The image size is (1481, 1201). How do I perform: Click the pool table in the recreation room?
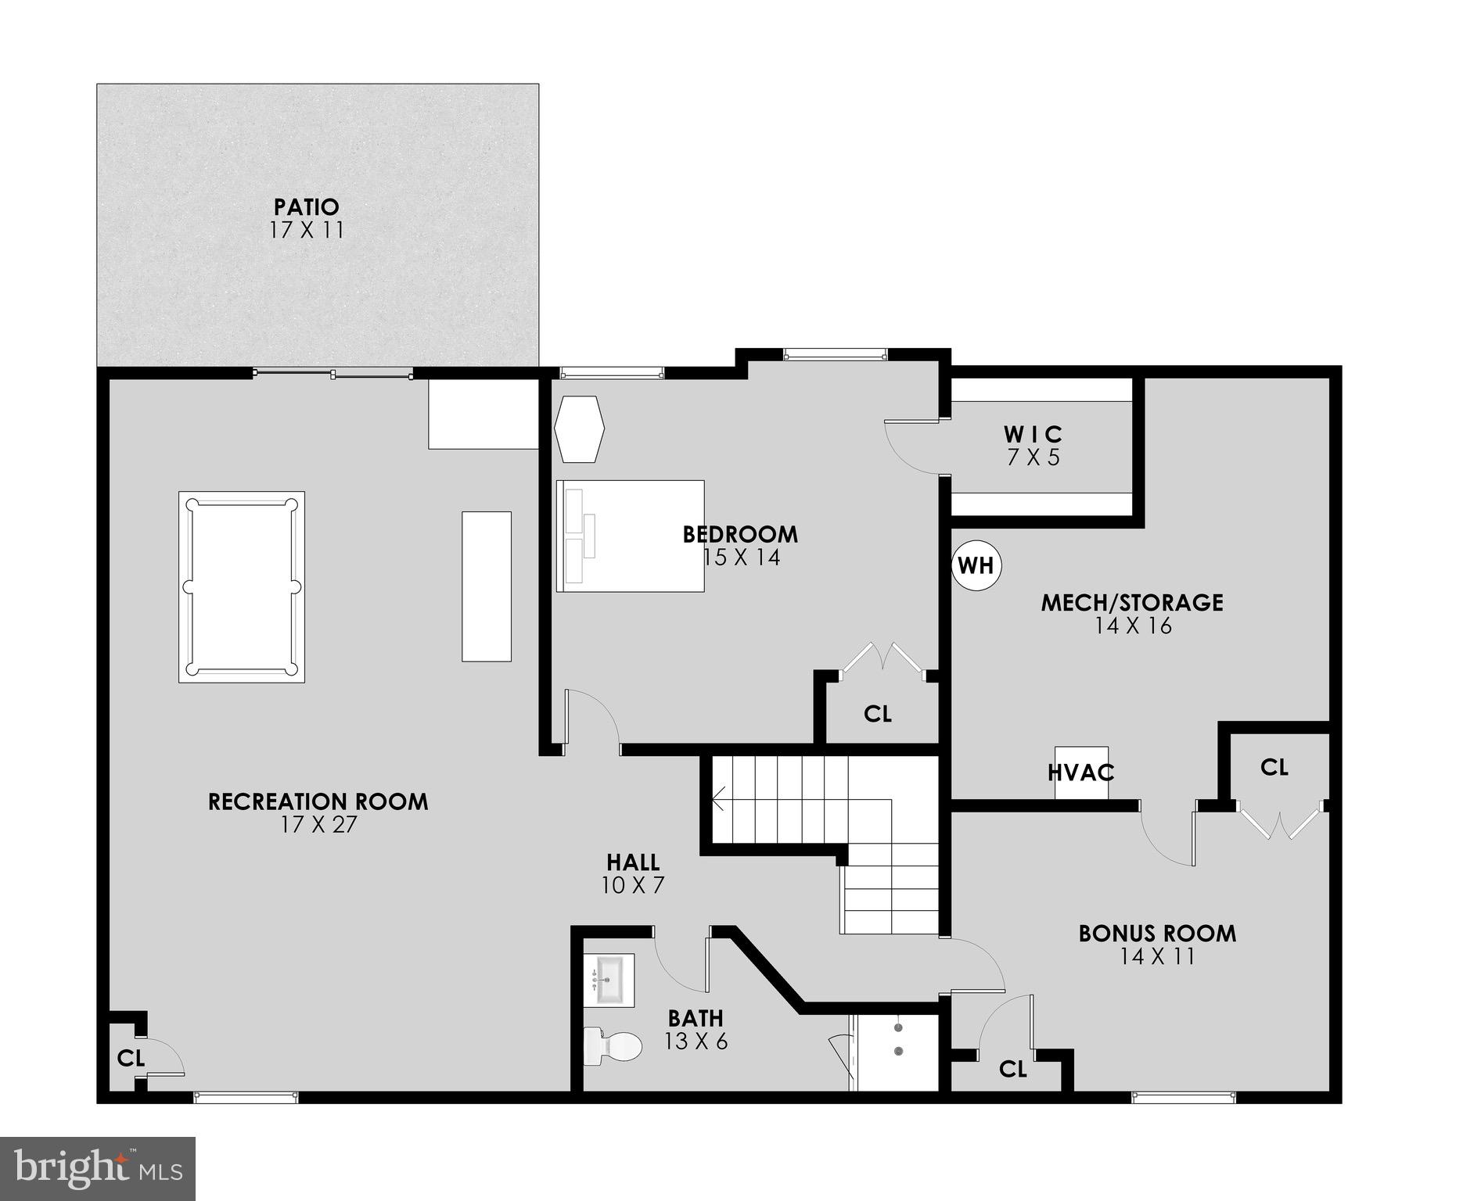[241, 586]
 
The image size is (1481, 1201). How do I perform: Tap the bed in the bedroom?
[630, 536]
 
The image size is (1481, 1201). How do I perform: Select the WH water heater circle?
[976, 565]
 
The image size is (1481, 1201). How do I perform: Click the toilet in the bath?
[612, 1045]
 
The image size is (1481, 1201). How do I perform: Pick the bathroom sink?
[609, 980]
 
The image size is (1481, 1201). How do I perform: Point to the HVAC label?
[1080, 773]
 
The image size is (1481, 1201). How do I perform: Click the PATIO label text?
[307, 207]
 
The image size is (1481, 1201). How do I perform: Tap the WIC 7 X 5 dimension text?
[1033, 457]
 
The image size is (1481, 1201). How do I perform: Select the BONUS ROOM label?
[1157, 934]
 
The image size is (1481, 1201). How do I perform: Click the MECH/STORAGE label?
[1132, 602]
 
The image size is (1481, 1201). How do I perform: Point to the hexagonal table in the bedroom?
[580, 429]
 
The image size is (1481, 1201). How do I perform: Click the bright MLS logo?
[98, 1168]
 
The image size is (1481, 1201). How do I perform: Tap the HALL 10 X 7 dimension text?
[633, 885]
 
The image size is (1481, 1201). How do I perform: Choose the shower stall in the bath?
[897, 1052]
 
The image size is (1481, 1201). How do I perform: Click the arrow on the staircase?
[717, 798]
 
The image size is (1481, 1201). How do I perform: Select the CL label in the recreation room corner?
[131, 1058]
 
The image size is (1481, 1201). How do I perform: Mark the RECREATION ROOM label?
[318, 801]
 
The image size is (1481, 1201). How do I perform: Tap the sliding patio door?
[333, 375]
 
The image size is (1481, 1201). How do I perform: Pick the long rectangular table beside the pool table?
[486, 586]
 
